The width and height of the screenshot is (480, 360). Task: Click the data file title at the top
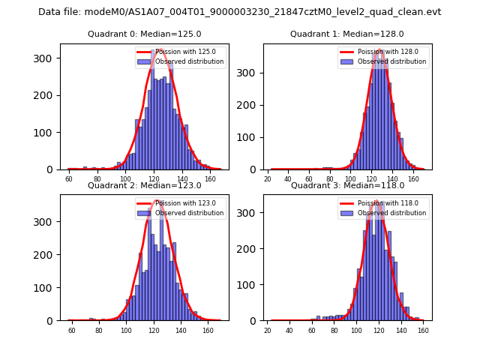(239, 12)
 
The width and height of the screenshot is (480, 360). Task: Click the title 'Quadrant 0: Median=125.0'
(145, 34)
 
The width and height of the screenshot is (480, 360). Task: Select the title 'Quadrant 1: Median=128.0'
(347, 34)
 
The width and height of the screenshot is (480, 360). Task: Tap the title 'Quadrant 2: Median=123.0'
(145, 185)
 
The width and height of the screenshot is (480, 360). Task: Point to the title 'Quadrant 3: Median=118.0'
(347, 185)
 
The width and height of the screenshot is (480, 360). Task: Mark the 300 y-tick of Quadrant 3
(250, 213)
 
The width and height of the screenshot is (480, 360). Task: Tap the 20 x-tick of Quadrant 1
(268, 179)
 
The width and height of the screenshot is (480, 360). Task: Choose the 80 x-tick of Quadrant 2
(98, 330)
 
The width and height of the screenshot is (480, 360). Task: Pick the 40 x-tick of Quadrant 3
(289, 330)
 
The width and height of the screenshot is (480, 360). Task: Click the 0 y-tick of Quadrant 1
(255, 169)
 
